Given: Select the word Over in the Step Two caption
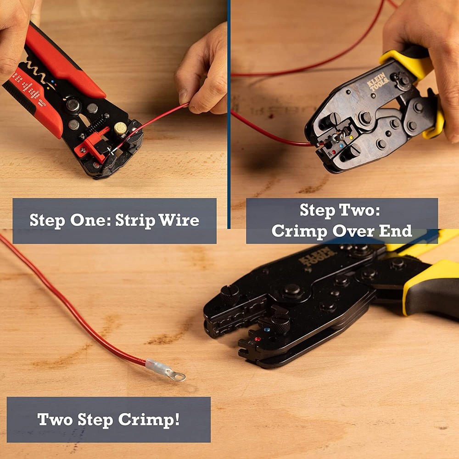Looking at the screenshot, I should tap(353, 231).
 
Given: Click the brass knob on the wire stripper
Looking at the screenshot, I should tap(120, 129).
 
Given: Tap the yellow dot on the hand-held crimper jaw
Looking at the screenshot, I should tap(352, 137).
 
